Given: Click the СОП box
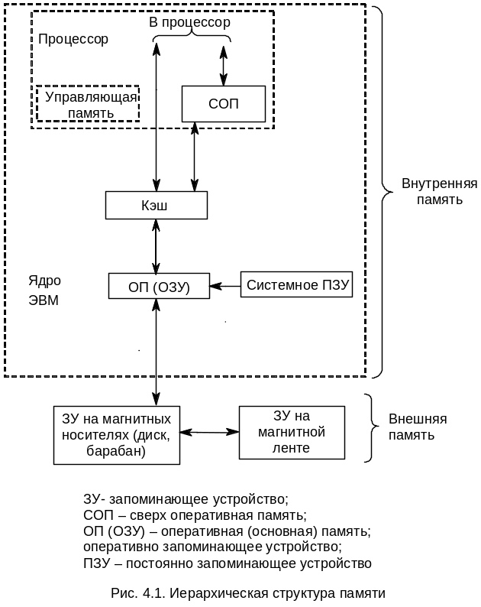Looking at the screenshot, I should (223, 104).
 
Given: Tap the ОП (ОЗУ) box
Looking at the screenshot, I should (159, 287).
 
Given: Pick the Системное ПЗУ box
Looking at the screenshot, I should (298, 286).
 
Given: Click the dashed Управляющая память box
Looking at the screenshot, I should (89, 104).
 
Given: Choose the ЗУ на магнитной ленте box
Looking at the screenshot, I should (292, 433).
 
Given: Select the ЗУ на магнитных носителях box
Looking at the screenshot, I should (116, 435).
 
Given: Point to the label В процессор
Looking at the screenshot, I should (190, 23).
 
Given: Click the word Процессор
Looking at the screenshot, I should (73, 39).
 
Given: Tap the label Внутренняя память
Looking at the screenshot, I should (439, 191).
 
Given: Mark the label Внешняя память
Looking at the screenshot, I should (418, 427).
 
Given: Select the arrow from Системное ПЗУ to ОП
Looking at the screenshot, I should (225, 287).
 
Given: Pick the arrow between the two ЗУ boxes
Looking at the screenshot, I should (209, 433).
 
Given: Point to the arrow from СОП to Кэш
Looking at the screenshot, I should (195, 157).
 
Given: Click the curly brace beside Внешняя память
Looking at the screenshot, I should (371, 428).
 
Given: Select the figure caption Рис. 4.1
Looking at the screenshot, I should (247, 593).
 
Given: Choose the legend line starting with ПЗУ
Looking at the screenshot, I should (227, 563).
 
